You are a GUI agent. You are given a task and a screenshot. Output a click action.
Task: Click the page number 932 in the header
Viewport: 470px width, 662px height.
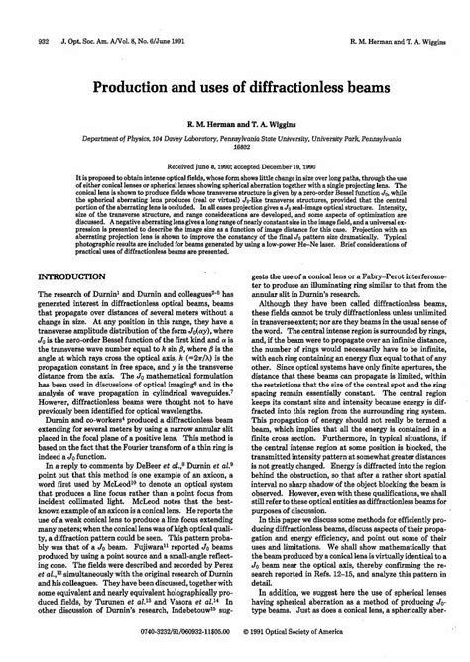[15, 13]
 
